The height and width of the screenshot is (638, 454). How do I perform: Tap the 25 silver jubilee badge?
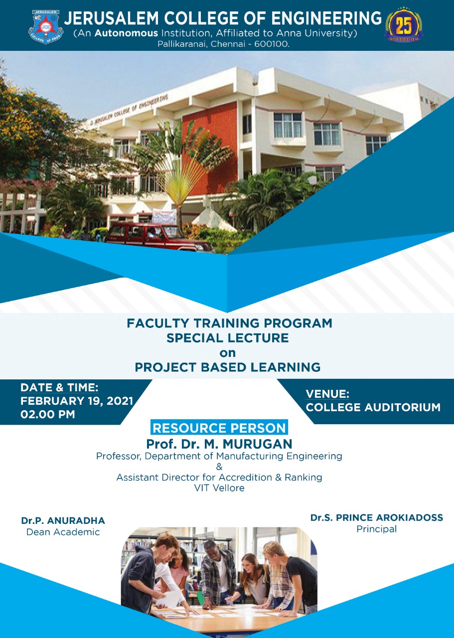click(403, 25)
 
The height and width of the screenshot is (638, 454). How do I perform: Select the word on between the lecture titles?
click(227, 353)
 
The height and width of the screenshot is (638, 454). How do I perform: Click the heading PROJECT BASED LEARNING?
click(227, 368)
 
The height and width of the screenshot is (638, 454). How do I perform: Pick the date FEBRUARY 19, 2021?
click(77, 401)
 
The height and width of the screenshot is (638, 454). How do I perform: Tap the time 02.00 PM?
click(48, 414)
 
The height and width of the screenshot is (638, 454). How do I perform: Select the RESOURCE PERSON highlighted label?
click(219, 428)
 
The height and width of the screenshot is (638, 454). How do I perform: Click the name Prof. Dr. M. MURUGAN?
click(219, 444)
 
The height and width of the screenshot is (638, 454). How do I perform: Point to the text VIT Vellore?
click(219, 488)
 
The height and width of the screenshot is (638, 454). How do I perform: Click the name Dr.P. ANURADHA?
click(63, 521)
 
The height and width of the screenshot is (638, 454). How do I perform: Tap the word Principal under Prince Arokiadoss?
click(376, 529)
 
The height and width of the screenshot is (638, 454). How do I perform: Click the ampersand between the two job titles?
click(219, 467)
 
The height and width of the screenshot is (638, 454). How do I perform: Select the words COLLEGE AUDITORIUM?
click(373, 407)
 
